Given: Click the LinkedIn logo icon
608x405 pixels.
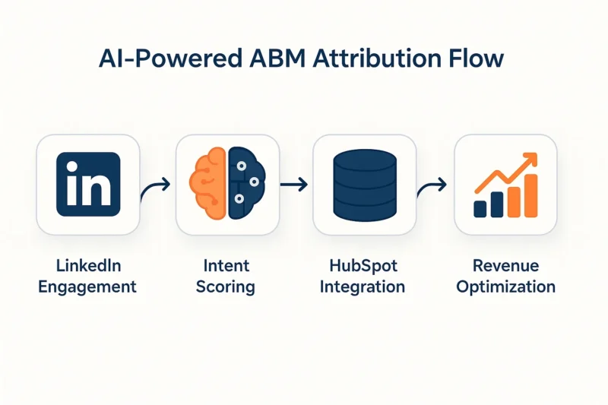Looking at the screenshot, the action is point(88,184).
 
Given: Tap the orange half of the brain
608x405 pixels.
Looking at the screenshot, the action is point(207,183).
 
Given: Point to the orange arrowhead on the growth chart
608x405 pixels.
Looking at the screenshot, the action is point(530,160).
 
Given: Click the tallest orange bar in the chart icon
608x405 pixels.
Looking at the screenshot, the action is point(530,196).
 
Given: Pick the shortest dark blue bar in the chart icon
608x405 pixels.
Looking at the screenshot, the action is point(480,209).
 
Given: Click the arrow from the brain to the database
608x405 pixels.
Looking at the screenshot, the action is point(294,185).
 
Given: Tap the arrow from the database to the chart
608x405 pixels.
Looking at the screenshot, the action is point(432,188).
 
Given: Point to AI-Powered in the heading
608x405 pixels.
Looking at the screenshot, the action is point(169,59).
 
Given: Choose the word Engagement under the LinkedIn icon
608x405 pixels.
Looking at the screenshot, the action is point(87,287).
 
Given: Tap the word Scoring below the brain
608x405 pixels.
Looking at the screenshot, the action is point(225,287).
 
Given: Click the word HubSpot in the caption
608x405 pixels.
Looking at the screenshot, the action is point(363,266).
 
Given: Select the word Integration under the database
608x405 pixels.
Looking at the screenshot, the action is point(363,287).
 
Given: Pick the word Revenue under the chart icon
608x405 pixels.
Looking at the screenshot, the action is point(505,266).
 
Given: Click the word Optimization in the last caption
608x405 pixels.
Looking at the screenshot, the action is point(505,287).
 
